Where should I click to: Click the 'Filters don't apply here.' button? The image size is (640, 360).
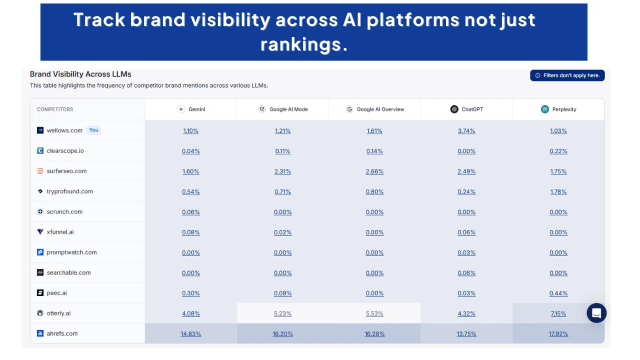coord(567,75)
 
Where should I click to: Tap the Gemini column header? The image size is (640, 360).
coord(191,109)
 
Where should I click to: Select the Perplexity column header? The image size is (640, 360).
coord(558,109)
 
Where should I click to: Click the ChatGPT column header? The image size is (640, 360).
coord(466,109)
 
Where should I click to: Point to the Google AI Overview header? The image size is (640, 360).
coord(374,109)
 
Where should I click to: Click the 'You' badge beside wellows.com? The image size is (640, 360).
coord(93,130)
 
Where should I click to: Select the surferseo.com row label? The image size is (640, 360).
coord(66,171)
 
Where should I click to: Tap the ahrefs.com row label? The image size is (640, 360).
coord(62,333)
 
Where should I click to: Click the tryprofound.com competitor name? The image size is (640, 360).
coord(69,191)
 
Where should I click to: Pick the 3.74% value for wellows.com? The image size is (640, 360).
coord(466,131)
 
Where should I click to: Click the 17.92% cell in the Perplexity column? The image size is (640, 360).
coord(558,334)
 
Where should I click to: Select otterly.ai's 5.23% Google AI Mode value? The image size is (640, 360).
coord(282,313)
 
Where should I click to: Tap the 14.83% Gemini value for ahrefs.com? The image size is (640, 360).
coord(191,334)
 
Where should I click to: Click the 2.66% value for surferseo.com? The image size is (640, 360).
coord(374,171)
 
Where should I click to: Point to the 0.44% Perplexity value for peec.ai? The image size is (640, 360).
coord(558,293)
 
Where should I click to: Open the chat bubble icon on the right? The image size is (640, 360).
coord(596,313)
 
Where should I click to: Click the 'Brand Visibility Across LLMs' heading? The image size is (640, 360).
coord(80,74)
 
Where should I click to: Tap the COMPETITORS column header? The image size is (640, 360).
coord(55,109)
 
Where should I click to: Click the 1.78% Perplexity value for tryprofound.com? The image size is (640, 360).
coord(558,192)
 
